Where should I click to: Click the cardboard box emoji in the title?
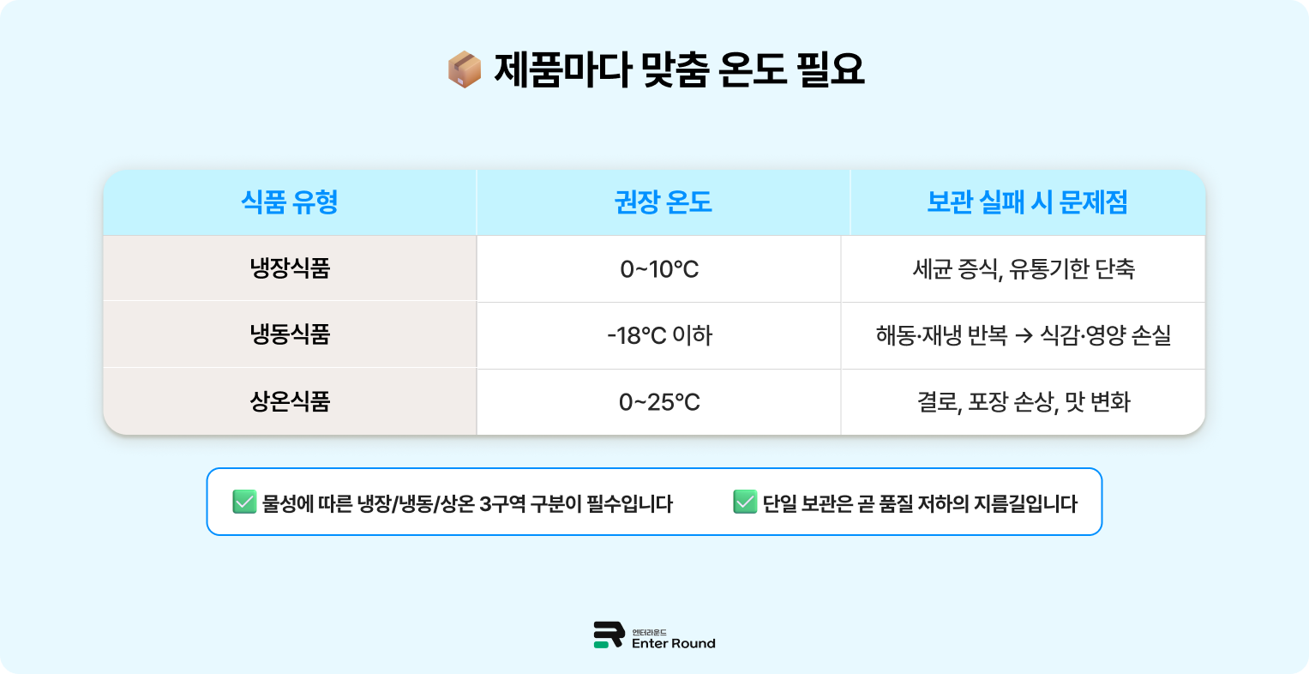pos(465,69)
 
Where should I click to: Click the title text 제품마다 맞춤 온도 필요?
pos(679,69)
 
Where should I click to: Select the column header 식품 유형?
pos(290,202)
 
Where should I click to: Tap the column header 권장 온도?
pos(663,202)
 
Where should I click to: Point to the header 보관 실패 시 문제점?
pos(1027,202)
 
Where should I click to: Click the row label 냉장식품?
pos(290,268)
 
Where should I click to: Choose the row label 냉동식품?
pos(290,334)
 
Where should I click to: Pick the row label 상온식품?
pos(290,401)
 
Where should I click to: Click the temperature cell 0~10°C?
pos(659,269)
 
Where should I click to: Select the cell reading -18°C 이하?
pos(659,335)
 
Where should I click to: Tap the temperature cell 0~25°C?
pos(659,402)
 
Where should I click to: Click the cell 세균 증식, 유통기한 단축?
pos(1024,269)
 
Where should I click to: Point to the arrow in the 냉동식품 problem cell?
pos(1024,336)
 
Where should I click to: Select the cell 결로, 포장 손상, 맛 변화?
pos(1024,402)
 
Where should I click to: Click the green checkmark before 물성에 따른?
pos(244,502)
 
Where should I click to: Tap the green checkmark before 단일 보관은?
pos(745,502)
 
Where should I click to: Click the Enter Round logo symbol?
pos(608,635)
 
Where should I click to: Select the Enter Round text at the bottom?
pos(673,643)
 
